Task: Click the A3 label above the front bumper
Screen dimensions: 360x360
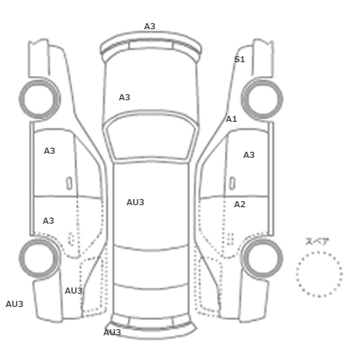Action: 150,26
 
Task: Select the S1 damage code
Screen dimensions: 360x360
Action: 240,59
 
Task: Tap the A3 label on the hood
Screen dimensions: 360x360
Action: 124,97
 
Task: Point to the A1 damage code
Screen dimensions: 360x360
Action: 231,119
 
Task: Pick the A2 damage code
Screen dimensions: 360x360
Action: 240,204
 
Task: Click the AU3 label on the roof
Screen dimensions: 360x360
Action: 135,202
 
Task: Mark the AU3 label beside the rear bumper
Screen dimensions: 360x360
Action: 112,332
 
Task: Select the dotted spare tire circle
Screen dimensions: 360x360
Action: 319,251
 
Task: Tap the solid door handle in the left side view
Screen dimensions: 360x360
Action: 69,184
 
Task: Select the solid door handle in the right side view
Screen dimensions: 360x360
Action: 232,184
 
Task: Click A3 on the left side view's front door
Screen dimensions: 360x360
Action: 49,151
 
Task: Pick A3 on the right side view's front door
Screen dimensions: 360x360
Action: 249,155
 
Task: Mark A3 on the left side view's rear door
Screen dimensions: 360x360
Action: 48,221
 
